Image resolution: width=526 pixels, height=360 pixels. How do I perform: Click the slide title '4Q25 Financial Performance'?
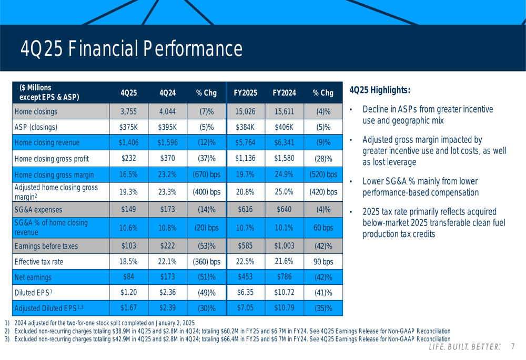coord(131,49)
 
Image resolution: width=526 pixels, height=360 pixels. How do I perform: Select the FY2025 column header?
coord(245,93)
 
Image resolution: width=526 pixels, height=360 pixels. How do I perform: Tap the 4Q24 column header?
coord(167,93)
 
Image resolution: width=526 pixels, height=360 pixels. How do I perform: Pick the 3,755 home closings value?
coord(128,111)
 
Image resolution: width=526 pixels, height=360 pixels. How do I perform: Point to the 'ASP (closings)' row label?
coord(36,127)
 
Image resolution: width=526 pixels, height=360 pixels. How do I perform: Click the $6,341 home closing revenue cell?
coord(284,142)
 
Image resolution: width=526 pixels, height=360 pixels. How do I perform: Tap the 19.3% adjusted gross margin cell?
coord(128,192)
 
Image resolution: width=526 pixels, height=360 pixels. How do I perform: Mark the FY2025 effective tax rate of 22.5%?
coord(245,262)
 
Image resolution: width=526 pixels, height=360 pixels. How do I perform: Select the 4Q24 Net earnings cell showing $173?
coord(167,277)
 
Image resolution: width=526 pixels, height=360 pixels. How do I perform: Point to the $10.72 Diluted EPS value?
coord(284,293)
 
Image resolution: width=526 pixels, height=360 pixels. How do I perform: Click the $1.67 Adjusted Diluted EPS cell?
coord(128,308)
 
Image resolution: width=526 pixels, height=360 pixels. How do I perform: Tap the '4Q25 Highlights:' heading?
coord(379,90)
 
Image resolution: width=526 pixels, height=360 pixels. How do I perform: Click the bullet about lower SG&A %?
coord(420,187)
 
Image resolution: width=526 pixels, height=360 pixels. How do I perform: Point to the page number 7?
coord(512,347)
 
